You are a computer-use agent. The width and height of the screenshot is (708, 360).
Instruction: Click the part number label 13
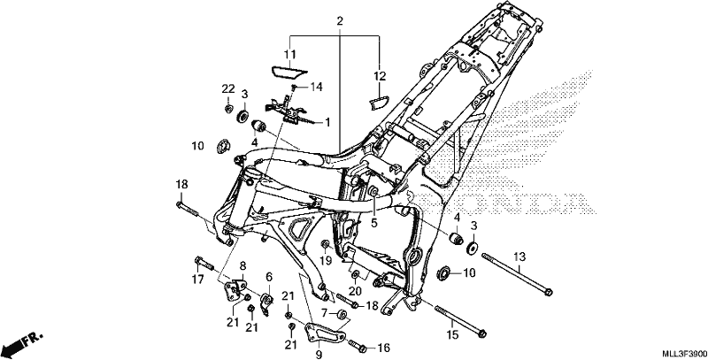(519, 257)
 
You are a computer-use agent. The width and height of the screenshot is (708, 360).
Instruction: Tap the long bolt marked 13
(517, 274)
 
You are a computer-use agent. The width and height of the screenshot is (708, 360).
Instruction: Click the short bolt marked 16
(357, 346)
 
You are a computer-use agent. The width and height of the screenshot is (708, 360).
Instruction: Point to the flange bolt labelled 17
(204, 263)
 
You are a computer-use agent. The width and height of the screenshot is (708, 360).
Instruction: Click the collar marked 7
(342, 313)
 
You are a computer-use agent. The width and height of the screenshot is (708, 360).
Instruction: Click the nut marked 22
(228, 108)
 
